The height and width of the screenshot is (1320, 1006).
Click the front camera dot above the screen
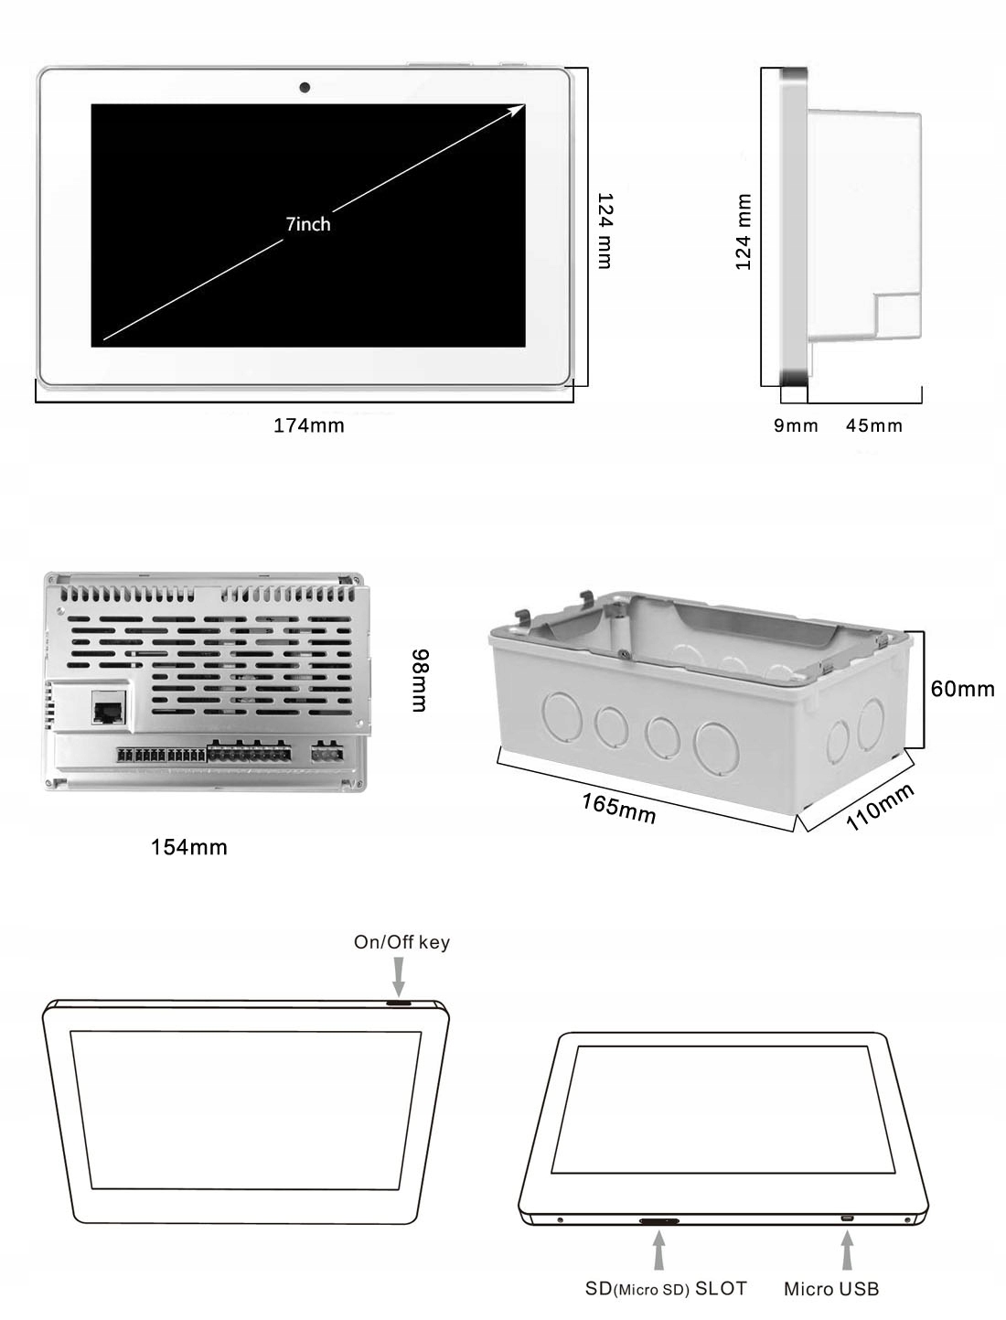(305, 88)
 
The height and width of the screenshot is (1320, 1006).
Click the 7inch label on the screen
(308, 224)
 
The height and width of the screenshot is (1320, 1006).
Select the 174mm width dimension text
(309, 425)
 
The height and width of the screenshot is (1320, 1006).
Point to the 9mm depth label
(796, 425)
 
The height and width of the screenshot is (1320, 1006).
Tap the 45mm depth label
(874, 425)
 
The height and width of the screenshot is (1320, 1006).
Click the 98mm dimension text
(419, 681)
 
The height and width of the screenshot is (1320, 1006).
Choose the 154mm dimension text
(189, 848)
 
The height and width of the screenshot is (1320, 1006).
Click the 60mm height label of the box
(962, 689)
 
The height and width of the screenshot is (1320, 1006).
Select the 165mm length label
(619, 808)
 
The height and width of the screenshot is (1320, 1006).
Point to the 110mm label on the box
(879, 808)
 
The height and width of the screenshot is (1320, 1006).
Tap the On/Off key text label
(401, 942)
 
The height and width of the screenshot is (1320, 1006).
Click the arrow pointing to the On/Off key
(399, 977)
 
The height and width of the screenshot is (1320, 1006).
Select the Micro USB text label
(831, 1290)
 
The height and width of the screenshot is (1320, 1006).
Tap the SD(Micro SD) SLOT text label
(666, 1289)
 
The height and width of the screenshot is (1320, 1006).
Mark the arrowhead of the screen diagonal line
(519, 109)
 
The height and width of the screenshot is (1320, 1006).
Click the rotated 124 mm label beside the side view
(744, 232)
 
